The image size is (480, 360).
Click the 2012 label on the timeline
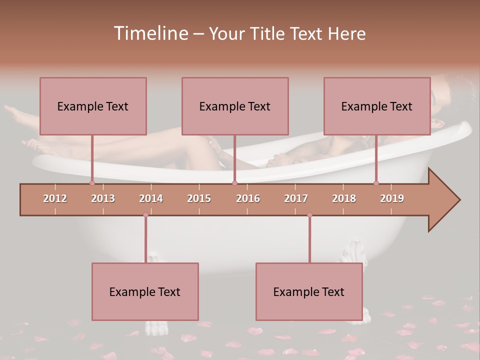tap(55, 198)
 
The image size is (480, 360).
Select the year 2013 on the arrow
tap(103, 198)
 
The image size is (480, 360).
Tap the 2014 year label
tap(151, 198)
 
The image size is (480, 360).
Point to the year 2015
tap(199, 198)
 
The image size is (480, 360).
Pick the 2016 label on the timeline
tap(248, 198)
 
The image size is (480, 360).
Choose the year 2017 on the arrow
tap(296, 198)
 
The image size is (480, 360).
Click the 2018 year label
tap(344, 198)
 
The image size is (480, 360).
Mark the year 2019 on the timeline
tap(392, 198)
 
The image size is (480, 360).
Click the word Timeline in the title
tap(150, 33)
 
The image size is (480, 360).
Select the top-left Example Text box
tap(93, 106)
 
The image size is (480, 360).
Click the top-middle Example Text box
tap(235, 106)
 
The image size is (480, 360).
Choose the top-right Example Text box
tap(377, 106)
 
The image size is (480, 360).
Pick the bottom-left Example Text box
tap(145, 291)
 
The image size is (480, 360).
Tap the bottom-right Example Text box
tap(309, 291)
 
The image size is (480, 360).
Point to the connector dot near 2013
tap(92, 183)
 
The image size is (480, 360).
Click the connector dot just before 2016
tap(234, 183)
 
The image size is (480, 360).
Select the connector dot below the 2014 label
tap(145, 215)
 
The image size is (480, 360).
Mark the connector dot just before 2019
tap(376, 183)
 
